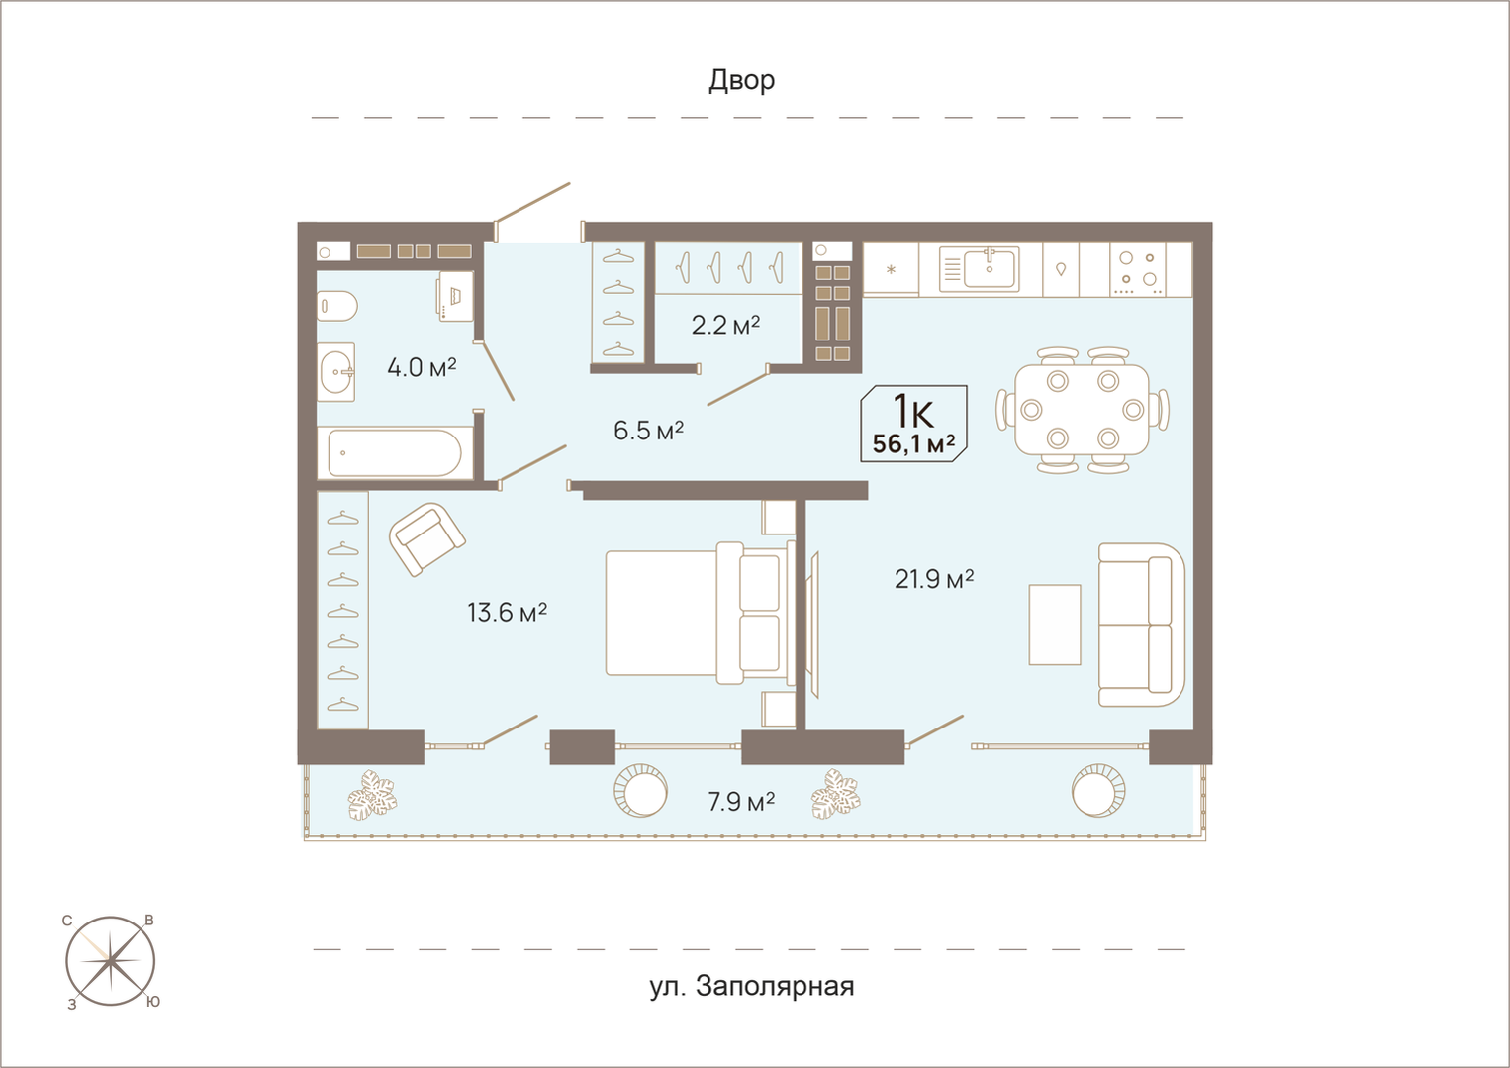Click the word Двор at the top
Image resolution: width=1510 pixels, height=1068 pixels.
click(741, 80)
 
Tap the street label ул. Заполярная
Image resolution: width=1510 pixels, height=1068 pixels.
click(752, 986)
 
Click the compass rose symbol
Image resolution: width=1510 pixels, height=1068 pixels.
click(111, 961)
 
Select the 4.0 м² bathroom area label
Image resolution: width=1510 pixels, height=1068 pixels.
click(422, 367)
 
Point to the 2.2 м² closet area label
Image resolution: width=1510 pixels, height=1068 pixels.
click(726, 325)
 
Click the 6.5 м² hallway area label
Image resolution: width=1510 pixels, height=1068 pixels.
click(648, 431)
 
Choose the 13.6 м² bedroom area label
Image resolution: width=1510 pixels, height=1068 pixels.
click(507, 613)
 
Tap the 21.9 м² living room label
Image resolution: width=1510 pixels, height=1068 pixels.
click(934, 578)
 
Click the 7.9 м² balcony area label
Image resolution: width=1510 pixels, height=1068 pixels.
click(741, 802)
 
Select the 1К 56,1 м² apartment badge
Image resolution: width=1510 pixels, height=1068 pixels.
click(913, 424)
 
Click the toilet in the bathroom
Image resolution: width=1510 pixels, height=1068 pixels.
click(336, 306)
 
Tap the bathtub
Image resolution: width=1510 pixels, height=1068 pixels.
click(395, 453)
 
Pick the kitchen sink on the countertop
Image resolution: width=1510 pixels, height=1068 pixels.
click(990, 267)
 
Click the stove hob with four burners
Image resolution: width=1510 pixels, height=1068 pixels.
click(1138, 269)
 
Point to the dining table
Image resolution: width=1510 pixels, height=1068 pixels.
click(1082, 410)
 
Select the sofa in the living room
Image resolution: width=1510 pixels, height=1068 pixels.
click(1141, 625)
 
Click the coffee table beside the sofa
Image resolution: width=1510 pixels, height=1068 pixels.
click(1054, 625)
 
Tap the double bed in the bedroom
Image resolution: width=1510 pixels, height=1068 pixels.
click(700, 613)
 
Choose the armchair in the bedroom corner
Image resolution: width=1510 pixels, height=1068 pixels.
click(426, 539)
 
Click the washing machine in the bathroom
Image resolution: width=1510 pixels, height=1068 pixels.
click(455, 296)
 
